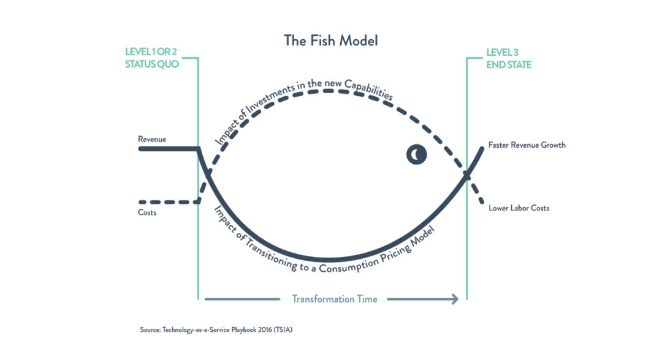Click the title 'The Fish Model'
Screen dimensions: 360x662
330,40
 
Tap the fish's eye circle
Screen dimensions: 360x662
416,155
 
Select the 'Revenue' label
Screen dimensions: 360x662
152,139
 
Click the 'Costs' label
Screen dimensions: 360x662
147,213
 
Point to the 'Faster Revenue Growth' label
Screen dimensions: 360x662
527,145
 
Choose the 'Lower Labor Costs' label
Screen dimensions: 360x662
519,208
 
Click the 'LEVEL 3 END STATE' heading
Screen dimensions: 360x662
509,59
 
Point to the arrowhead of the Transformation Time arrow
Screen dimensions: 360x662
455,299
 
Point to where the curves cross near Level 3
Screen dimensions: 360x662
466,176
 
